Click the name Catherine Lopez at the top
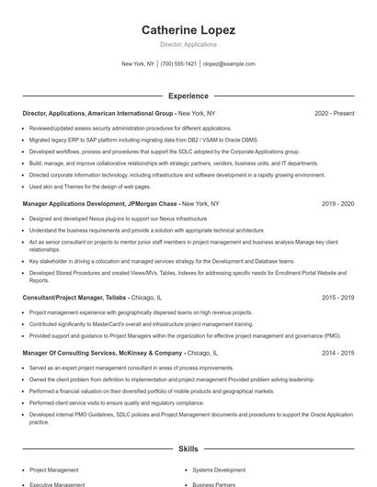(188, 30)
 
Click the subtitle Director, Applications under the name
(188, 44)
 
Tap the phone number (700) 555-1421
(178, 64)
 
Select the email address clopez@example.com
(229, 64)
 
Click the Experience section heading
(188, 96)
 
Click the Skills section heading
(188, 449)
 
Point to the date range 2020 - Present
(334, 114)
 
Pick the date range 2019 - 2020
(337, 203)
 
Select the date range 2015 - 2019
(337, 299)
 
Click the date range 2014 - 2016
(337, 353)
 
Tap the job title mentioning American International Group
(120, 114)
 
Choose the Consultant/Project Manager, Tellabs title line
(92, 299)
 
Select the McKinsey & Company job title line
(120, 353)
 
